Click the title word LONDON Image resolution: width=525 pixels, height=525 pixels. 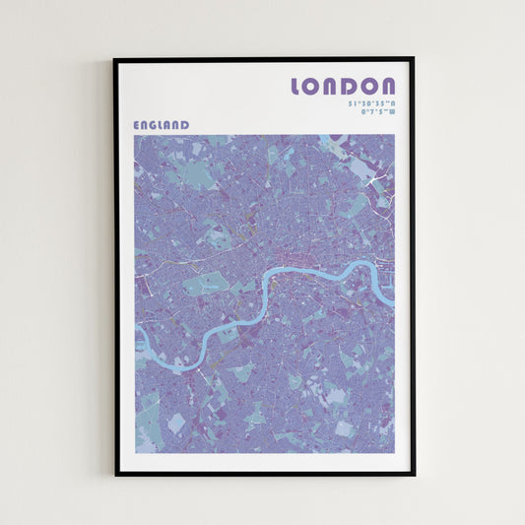(343, 87)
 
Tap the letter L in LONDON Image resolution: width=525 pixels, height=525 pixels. (298, 87)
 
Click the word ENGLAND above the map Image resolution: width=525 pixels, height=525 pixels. (162, 125)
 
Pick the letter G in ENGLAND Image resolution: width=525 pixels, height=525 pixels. (156, 125)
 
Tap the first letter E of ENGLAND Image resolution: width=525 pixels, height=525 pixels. (137, 125)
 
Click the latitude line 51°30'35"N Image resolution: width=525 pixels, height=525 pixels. (371, 103)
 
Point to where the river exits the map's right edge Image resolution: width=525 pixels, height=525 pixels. (394, 303)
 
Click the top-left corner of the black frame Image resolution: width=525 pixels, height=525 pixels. (114, 58)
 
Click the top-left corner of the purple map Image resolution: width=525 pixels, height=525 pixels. (135, 135)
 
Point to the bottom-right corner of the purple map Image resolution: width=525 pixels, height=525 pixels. (394, 453)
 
